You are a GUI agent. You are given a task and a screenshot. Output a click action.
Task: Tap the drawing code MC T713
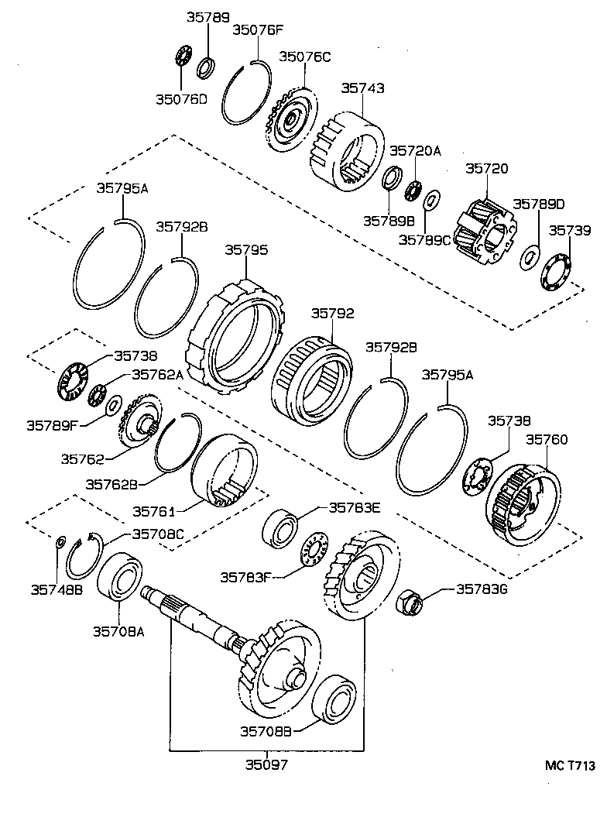[x=570, y=766]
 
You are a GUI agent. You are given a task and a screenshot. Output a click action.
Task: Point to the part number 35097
[x=266, y=764]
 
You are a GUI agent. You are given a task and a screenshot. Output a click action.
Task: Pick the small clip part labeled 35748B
[x=61, y=540]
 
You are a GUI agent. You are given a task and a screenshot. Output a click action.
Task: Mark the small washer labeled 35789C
[x=430, y=202]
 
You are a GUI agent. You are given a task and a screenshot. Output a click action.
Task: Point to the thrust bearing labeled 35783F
[x=316, y=551]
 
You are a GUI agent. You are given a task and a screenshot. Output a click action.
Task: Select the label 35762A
[x=157, y=374]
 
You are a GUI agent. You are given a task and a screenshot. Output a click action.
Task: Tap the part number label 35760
[x=547, y=440]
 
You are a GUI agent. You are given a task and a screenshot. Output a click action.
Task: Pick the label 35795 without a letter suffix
[x=246, y=250]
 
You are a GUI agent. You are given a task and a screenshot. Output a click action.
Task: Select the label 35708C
[x=157, y=534]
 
